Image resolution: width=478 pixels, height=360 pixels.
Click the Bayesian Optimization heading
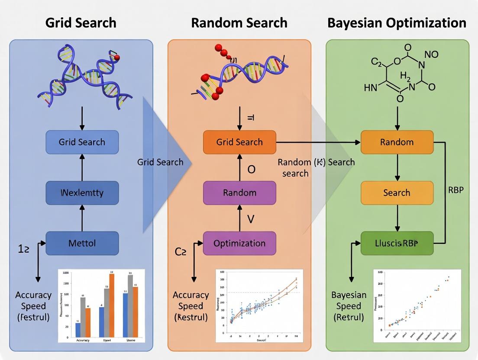tap(397, 22)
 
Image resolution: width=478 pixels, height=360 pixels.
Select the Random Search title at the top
tap(239, 22)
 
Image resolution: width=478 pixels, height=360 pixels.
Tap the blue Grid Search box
tap(82, 142)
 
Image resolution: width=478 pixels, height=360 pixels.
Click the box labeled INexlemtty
tap(82, 193)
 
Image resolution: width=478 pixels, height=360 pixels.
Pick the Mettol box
tap(82, 243)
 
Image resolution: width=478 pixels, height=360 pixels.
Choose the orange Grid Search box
tap(239, 142)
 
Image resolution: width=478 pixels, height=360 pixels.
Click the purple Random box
tap(239, 193)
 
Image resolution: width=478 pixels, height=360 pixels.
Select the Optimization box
tap(239, 243)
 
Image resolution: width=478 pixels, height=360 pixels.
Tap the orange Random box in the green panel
tap(397, 142)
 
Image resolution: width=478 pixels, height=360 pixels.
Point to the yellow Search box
tap(397, 193)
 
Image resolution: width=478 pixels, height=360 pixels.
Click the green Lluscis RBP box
tap(397, 243)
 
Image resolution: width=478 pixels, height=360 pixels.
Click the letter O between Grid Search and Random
tap(251, 169)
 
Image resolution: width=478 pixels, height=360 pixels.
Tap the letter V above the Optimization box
tap(251, 219)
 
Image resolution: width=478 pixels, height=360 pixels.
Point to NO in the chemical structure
tap(431, 55)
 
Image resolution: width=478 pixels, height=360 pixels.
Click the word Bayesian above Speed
tap(349, 295)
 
